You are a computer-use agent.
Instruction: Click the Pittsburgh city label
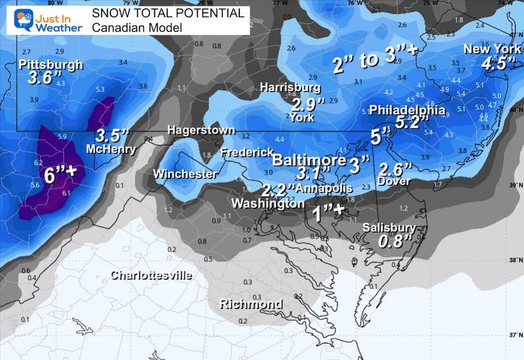click(x=51, y=65)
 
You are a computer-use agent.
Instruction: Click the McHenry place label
click(x=105, y=148)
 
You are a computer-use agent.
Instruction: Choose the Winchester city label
click(x=185, y=174)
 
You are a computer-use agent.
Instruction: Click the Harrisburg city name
click(x=290, y=88)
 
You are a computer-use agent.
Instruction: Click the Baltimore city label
click(x=308, y=160)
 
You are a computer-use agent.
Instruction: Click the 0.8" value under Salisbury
click(x=396, y=241)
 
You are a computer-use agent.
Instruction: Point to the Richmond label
click(x=251, y=304)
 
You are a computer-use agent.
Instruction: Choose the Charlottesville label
click(x=152, y=275)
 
